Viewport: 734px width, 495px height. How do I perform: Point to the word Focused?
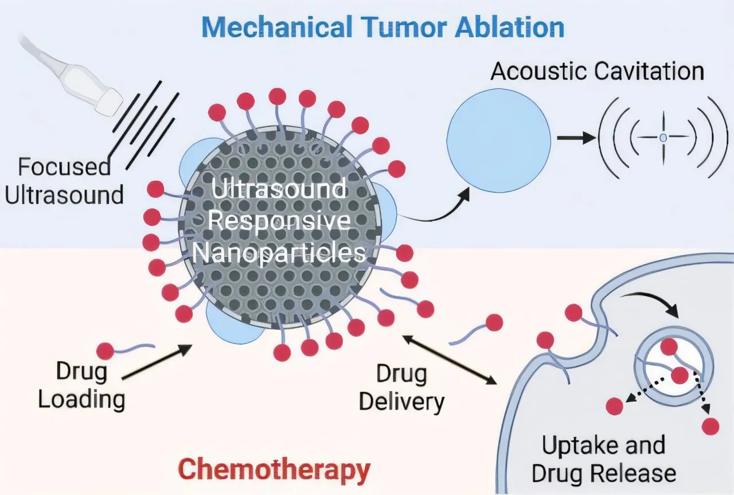(x=64, y=167)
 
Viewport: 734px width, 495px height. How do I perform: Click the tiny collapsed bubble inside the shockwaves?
(x=663, y=138)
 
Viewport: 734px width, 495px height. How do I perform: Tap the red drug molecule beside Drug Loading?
(x=106, y=350)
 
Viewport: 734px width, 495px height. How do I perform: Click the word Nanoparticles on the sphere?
(x=279, y=253)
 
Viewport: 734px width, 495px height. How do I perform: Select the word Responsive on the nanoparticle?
(x=279, y=221)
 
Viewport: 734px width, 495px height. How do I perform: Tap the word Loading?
(x=81, y=399)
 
